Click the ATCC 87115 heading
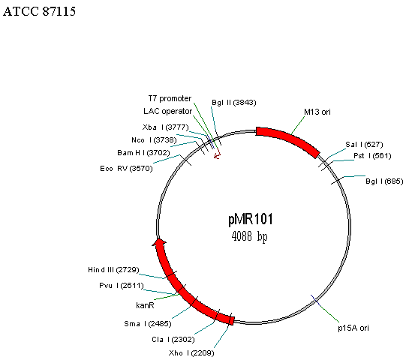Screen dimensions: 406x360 point(39,11)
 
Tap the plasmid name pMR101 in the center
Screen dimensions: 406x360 point(251,219)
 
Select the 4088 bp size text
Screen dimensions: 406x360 point(249,236)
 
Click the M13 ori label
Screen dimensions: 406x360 point(317,112)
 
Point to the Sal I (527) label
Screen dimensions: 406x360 point(364,145)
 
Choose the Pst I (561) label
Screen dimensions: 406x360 point(372,156)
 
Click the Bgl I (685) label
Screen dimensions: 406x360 point(384,181)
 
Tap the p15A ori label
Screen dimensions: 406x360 point(353,328)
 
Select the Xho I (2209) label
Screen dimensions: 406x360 point(191,353)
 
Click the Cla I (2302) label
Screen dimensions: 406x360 point(173,340)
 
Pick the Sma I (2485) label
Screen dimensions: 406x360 point(148,324)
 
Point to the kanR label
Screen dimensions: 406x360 point(145,305)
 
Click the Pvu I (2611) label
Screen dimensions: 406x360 point(122,286)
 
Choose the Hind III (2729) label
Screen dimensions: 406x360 point(113,270)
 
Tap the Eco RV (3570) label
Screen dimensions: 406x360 point(126,169)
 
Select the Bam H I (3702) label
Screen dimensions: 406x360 point(143,153)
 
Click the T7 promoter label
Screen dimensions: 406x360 point(170,98)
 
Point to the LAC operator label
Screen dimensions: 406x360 point(168,111)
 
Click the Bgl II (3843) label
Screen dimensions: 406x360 point(234,103)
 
